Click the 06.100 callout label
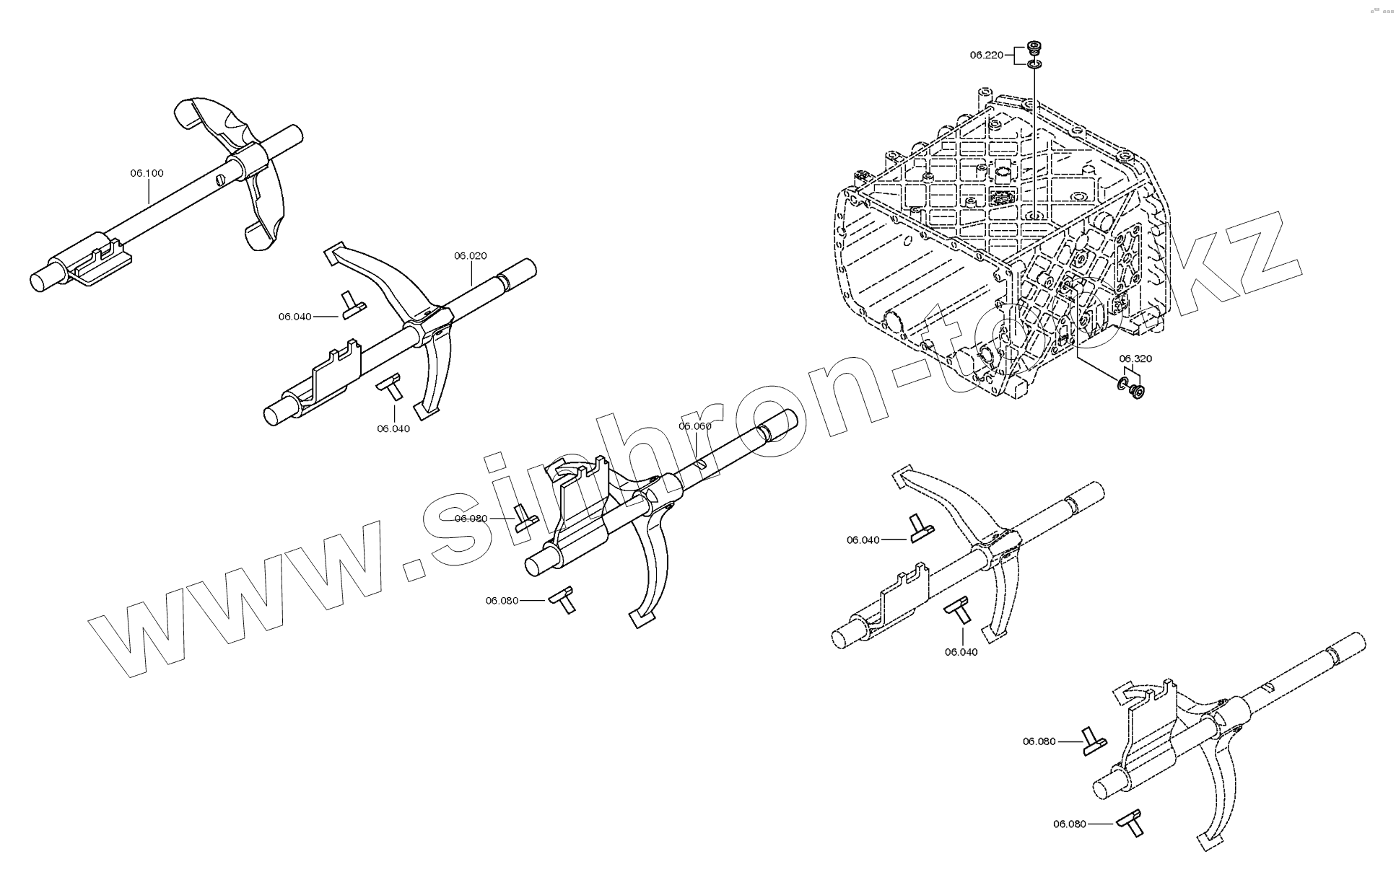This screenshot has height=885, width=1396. pos(147,173)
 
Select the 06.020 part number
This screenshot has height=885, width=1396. pos(470,255)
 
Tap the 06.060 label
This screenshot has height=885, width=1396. pos(694,426)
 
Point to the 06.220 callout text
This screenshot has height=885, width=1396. pos(986,55)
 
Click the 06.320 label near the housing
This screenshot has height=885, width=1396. pos(1135,358)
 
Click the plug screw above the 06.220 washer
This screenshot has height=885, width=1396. pos(1034,50)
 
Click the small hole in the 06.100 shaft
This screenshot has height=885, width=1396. pos(219,178)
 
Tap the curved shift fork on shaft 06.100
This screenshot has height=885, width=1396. pos(245,173)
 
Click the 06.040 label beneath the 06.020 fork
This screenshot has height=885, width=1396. pos(393,428)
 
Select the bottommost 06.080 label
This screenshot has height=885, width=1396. pos(1069,824)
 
